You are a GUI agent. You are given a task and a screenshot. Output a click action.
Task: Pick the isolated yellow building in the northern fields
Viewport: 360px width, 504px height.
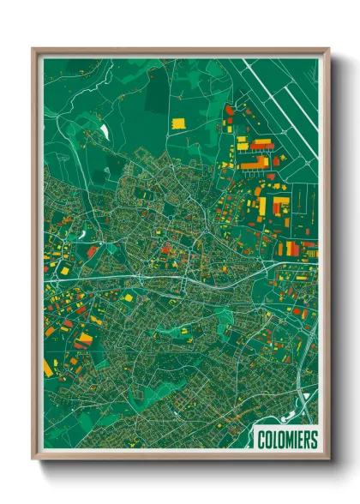[179, 123]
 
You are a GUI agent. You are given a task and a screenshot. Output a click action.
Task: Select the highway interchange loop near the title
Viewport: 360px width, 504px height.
[302, 401]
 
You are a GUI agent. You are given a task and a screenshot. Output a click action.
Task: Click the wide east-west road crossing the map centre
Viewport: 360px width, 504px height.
[171, 279]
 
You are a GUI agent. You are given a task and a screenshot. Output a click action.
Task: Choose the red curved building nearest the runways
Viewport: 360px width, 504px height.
[230, 111]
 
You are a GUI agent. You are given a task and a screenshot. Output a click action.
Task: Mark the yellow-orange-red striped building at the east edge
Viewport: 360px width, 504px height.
[291, 249]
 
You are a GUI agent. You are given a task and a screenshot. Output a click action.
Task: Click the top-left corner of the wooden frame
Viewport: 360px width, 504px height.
[33, 49]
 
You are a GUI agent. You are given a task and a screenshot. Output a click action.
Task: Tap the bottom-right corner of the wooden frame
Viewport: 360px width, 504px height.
[328, 460]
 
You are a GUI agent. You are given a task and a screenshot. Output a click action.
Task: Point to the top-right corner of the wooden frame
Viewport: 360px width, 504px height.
[328, 49]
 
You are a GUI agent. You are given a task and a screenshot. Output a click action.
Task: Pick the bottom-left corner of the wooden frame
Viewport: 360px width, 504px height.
[33, 460]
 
